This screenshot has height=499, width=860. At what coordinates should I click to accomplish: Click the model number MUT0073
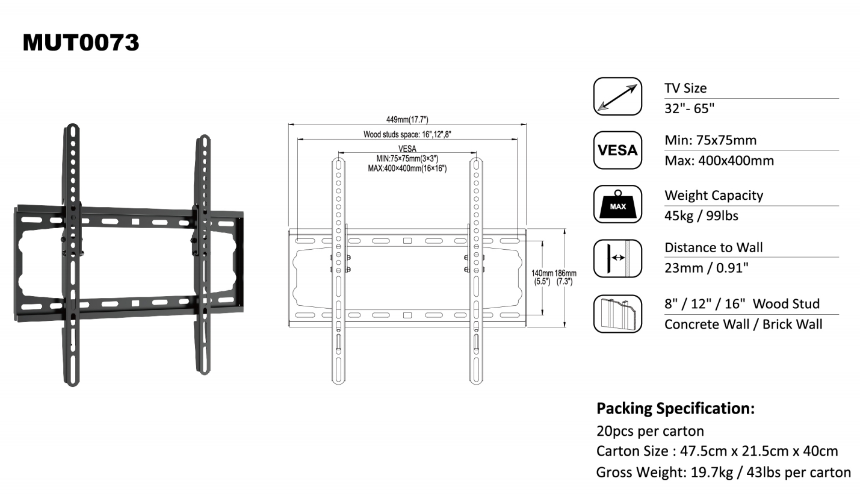click(x=81, y=42)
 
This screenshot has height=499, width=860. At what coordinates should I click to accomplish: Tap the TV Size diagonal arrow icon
click(x=617, y=96)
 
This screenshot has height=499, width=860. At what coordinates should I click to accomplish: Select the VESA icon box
click(x=617, y=150)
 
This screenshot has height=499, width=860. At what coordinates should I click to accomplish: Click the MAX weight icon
click(x=617, y=205)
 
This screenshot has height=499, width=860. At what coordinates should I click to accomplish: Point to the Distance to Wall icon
click(x=617, y=258)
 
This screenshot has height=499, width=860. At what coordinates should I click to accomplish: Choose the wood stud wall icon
click(x=617, y=314)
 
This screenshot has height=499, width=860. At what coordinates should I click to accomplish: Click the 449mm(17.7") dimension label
click(x=407, y=119)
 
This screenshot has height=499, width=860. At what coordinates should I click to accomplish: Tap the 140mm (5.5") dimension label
click(x=542, y=277)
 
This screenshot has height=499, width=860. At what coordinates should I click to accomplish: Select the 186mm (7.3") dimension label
click(x=565, y=277)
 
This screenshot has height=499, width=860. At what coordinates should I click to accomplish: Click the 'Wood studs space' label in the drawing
click(x=407, y=134)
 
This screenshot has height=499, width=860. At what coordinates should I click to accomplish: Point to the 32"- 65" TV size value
click(x=689, y=109)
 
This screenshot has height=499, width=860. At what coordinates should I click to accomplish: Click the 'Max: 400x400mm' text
click(x=719, y=161)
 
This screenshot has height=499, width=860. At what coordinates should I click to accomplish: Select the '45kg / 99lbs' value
click(x=702, y=216)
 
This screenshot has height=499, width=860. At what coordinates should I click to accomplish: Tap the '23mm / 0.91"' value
click(x=707, y=268)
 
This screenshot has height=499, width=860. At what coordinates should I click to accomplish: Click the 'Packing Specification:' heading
click(x=675, y=408)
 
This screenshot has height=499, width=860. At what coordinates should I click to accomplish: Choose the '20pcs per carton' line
click(x=650, y=431)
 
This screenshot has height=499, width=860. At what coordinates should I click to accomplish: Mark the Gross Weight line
click(x=723, y=472)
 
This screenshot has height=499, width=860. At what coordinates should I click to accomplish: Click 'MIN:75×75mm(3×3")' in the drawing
click(x=407, y=159)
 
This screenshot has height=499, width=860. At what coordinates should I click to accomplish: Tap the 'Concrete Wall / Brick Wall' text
click(x=743, y=324)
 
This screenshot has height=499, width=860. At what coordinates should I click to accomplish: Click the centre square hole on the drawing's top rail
click(x=407, y=241)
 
